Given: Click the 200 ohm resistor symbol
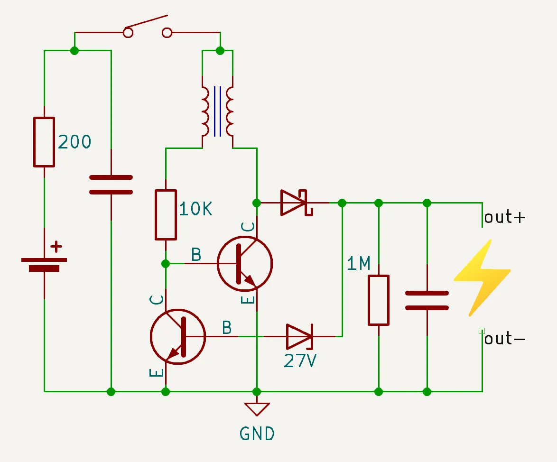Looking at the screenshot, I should click(44, 142).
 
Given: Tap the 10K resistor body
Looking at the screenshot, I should click(166, 215).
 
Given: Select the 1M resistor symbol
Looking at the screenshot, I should click(379, 300).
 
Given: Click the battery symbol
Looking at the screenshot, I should click(44, 264).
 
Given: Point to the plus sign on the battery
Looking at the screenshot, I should click(56, 246).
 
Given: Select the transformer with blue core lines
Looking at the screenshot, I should click(217, 111).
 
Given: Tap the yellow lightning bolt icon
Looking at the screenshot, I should click(482, 277).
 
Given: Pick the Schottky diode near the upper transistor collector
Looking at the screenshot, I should click(295, 203).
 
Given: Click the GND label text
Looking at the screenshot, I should click(257, 434).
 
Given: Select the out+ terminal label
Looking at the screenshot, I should click(505, 217).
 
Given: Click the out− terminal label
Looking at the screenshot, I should click(505, 339).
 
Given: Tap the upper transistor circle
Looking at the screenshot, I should click(245, 264).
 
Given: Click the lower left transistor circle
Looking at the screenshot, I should click(177, 336).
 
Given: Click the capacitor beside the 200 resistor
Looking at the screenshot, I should click(111, 185).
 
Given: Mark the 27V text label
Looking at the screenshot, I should click(300, 361).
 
